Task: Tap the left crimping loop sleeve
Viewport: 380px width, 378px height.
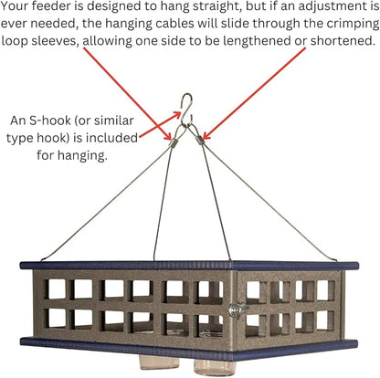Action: [x=174, y=142]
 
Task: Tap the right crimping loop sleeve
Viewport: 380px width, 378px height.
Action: [x=199, y=140]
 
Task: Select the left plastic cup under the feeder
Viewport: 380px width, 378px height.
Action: [x=154, y=362]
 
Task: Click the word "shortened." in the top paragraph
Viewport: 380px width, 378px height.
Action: [x=343, y=40]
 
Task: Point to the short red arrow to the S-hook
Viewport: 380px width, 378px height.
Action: [x=160, y=124]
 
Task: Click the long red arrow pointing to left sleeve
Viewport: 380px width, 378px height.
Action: [x=127, y=94]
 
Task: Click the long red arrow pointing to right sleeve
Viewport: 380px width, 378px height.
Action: [x=254, y=94]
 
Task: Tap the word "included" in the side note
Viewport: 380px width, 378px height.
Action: [x=111, y=138]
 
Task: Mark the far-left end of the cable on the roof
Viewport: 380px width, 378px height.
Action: [x=41, y=260]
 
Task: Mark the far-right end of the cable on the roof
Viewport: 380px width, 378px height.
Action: [x=336, y=259]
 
